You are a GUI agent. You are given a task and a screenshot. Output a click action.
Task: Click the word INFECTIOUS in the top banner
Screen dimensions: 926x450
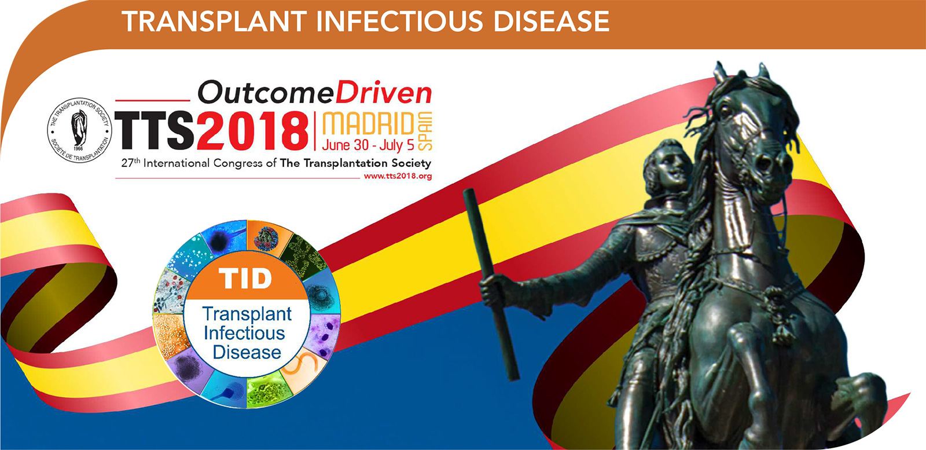click(399, 21)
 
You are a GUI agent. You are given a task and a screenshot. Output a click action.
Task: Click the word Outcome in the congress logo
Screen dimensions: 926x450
click(266, 93)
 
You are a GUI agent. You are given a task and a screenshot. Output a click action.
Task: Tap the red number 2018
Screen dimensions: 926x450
click(253, 131)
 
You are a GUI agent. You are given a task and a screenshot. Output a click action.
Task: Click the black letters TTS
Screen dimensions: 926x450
click(155, 130)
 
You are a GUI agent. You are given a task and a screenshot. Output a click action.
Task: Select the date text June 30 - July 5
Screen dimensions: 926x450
click(368, 145)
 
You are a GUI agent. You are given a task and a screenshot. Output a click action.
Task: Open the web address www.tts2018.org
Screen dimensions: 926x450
click(398, 176)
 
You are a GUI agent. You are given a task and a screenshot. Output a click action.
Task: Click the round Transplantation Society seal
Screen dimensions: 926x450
click(79, 130)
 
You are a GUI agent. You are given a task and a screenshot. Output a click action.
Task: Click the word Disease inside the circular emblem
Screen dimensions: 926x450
click(247, 352)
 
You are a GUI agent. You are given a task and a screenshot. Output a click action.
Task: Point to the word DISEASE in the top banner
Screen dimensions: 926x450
click(552, 21)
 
